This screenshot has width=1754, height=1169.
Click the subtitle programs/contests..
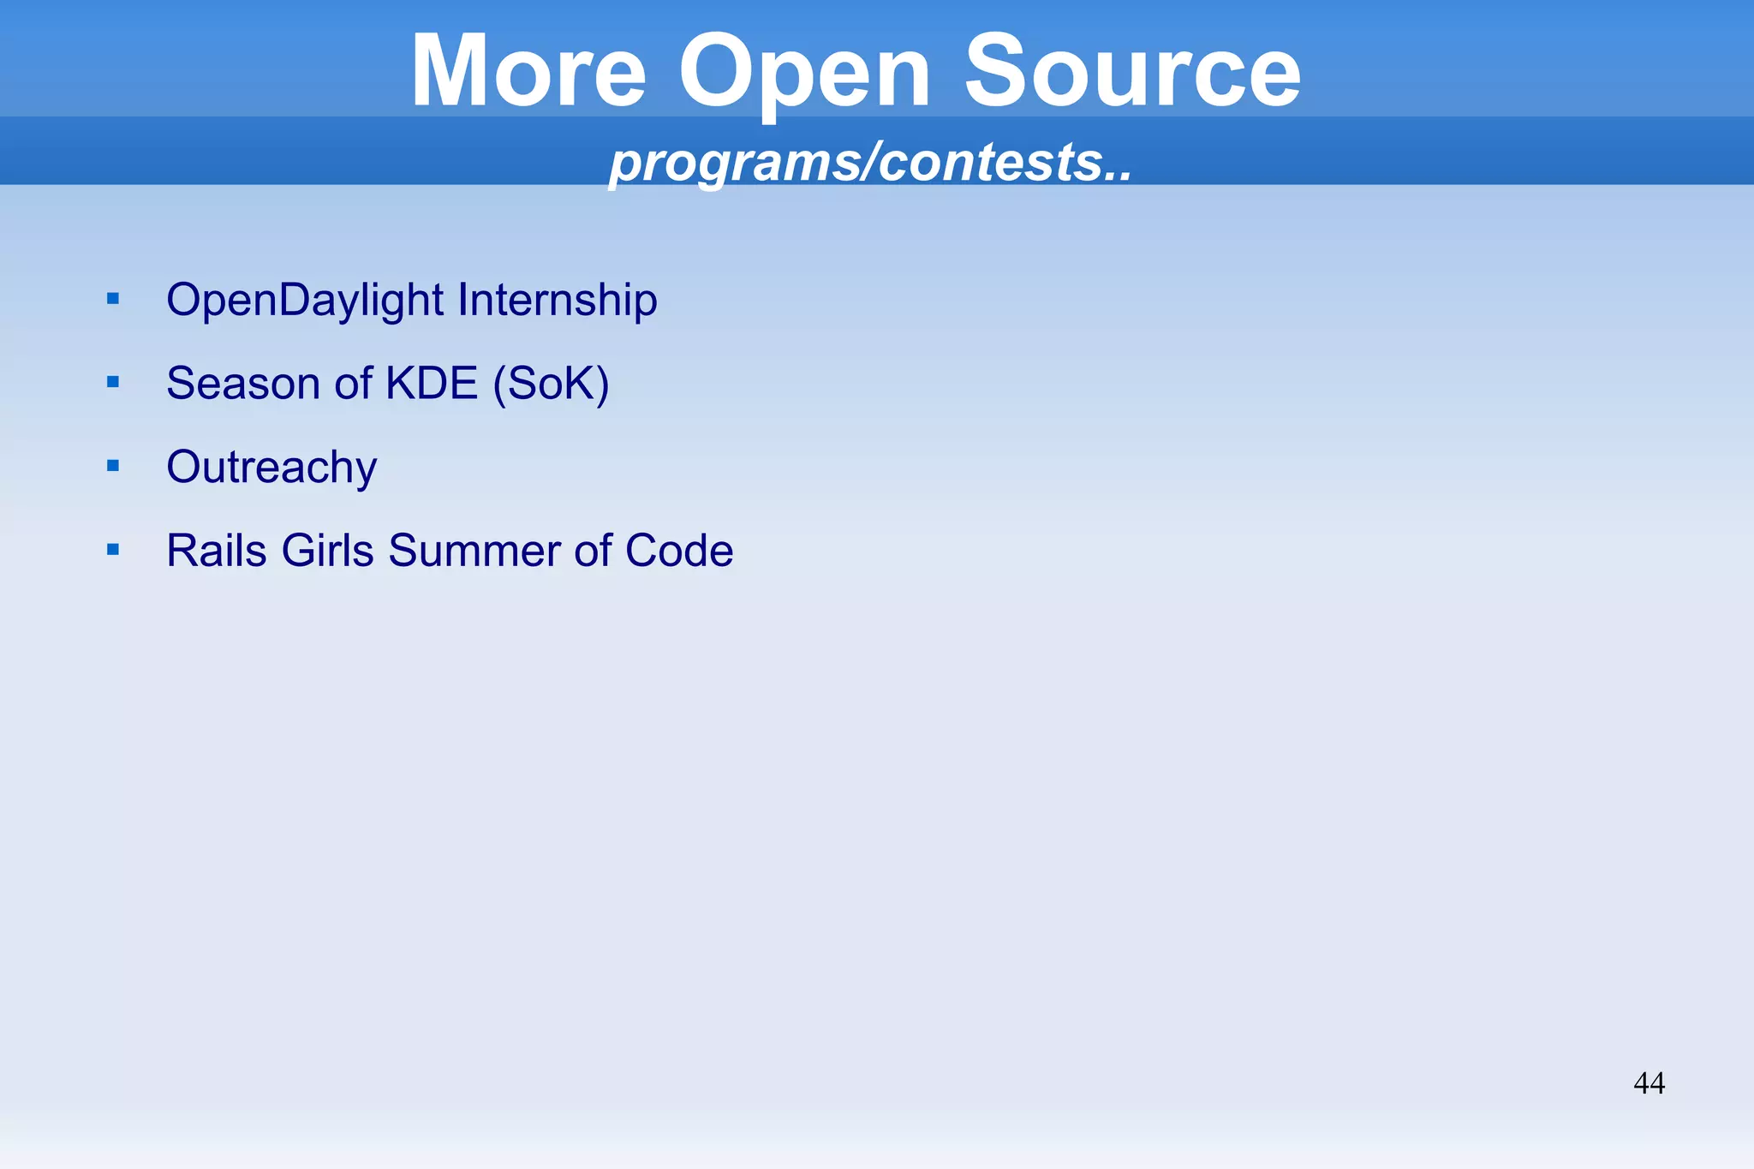[869, 162]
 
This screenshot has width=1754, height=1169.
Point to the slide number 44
[1649, 1083]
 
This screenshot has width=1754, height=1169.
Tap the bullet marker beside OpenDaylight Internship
[113, 299]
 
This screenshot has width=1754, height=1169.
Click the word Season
[243, 383]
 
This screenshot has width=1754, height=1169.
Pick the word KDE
[432, 383]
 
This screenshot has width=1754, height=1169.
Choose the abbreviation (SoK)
[551, 383]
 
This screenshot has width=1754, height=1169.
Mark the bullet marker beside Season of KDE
[113, 382]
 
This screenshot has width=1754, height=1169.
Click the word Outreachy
[271, 468]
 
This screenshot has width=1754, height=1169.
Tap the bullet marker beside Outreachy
[113, 466]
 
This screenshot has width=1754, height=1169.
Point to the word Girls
[327, 550]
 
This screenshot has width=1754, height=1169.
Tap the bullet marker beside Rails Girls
[113, 549]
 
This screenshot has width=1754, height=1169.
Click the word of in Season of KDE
[353, 383]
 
